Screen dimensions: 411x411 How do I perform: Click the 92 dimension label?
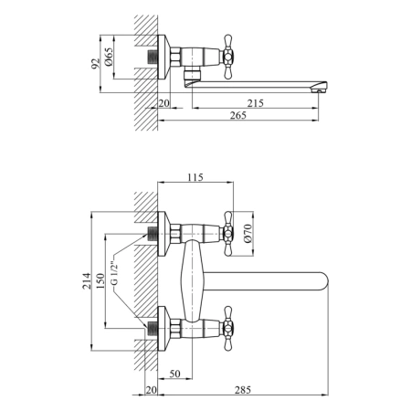95,64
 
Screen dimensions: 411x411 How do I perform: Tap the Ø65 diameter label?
109,57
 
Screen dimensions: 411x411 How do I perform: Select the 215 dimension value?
255,103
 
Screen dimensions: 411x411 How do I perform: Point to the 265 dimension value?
238,115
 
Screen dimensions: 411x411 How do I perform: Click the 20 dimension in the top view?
163,103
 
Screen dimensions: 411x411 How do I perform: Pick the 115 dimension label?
195,177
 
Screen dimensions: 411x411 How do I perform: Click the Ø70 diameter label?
248,233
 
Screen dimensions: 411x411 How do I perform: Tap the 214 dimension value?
87,280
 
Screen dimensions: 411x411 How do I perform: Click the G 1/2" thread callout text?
114,273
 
